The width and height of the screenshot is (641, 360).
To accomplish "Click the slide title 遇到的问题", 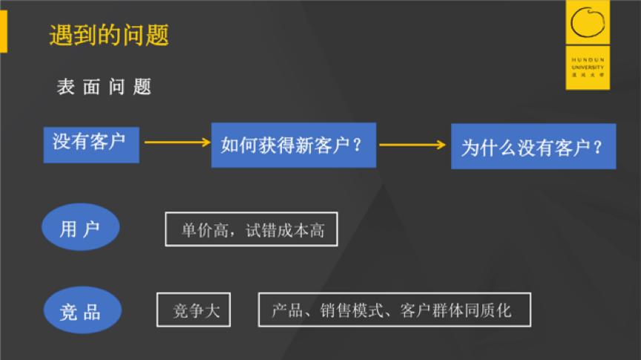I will pos(109,35).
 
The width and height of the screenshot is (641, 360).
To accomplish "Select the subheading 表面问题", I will pos(104,87).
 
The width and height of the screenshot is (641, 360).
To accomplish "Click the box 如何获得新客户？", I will pos(293,145).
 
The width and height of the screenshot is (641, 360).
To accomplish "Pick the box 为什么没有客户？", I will pos(533,146).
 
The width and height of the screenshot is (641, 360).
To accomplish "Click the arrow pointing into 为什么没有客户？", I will pos(412,144).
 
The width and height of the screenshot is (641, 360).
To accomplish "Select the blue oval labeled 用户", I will pos(80,228).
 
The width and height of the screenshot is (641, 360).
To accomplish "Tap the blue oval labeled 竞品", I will pos(80,310).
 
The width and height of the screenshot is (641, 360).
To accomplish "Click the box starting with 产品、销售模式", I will pos(394,310).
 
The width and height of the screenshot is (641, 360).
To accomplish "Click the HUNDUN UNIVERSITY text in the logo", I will pos(588,62).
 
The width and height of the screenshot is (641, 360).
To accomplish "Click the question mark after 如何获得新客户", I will pos(358,145).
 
